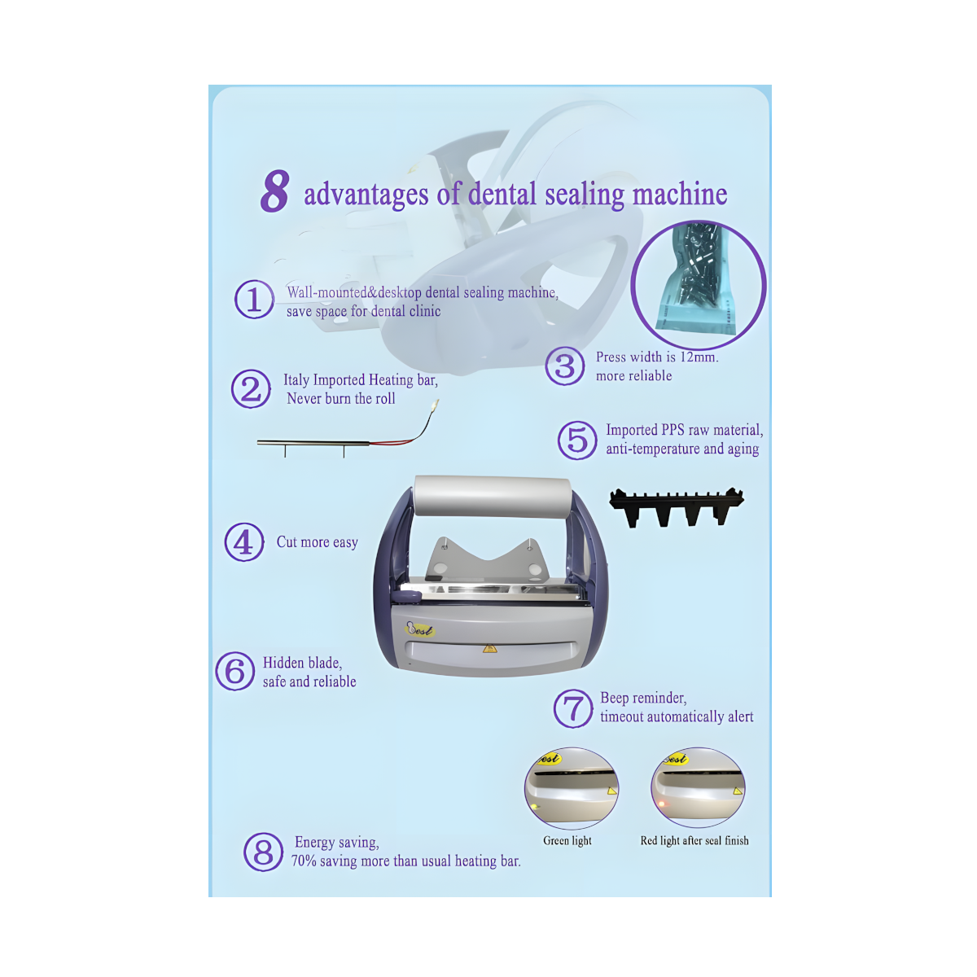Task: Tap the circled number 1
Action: [x=254, y=299]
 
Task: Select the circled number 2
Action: [x=251, y=389]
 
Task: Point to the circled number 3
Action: [x=565, y=366]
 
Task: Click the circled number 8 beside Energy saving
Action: [x=263, y=852]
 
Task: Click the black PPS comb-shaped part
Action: [x=676, y=506]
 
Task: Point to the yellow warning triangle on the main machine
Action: [x=488, y=648]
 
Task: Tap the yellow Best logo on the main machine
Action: [x=420, y=629]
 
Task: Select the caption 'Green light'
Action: [x=567, y=840]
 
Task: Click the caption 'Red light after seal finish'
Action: [x=694, y=840]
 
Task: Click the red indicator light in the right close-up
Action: [x=661, y=804]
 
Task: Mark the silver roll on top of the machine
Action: [x=493, y=497]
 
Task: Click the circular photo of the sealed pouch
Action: [x=698, y=284]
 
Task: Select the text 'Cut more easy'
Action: [x=318, y=542]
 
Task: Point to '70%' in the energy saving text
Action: [x=303, y=861]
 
